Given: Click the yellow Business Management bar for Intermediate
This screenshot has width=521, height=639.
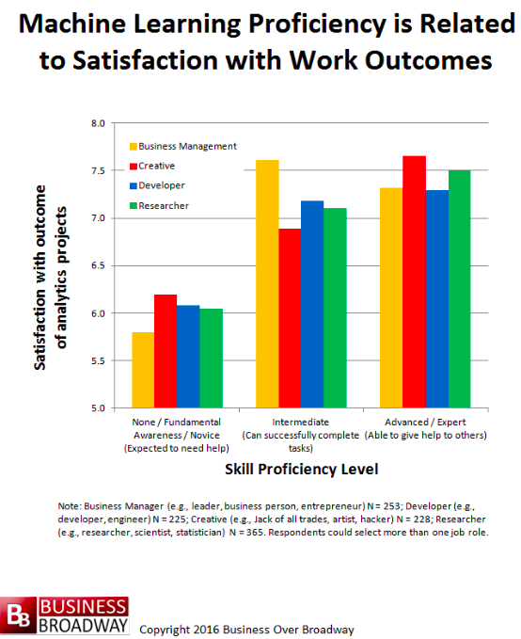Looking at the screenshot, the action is (x=267, y=283).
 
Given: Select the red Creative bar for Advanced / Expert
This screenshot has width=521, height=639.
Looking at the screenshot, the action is (x=415, y=281).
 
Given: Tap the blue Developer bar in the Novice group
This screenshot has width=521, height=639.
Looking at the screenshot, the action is (x=188, y=356).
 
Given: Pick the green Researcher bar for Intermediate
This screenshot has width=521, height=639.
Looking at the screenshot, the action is (x=335, y=308).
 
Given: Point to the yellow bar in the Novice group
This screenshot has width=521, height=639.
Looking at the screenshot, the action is (x=143, y=370).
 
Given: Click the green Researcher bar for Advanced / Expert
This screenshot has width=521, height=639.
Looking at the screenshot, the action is (x=460, y=289).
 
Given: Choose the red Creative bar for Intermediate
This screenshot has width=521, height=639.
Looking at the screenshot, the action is (x=290, y=318).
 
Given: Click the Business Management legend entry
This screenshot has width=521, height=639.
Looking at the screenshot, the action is (x=182, y=146).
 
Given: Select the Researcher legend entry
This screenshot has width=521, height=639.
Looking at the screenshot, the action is (x=159, y=206).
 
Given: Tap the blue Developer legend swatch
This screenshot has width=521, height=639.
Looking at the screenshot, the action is (x=134, y=185).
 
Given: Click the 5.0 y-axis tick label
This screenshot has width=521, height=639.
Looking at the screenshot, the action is (x=98, y=407).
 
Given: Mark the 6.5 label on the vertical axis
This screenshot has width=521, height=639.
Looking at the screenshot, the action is (x=98, y=265).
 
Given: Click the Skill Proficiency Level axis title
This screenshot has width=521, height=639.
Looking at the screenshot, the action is (x=302, y=469).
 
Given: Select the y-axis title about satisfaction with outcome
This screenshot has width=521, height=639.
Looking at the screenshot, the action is (x=51, y=277).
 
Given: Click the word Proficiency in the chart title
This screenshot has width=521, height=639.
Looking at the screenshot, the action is (x=317, y=24).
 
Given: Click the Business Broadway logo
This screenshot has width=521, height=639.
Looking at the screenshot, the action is (x=64, y=615).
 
